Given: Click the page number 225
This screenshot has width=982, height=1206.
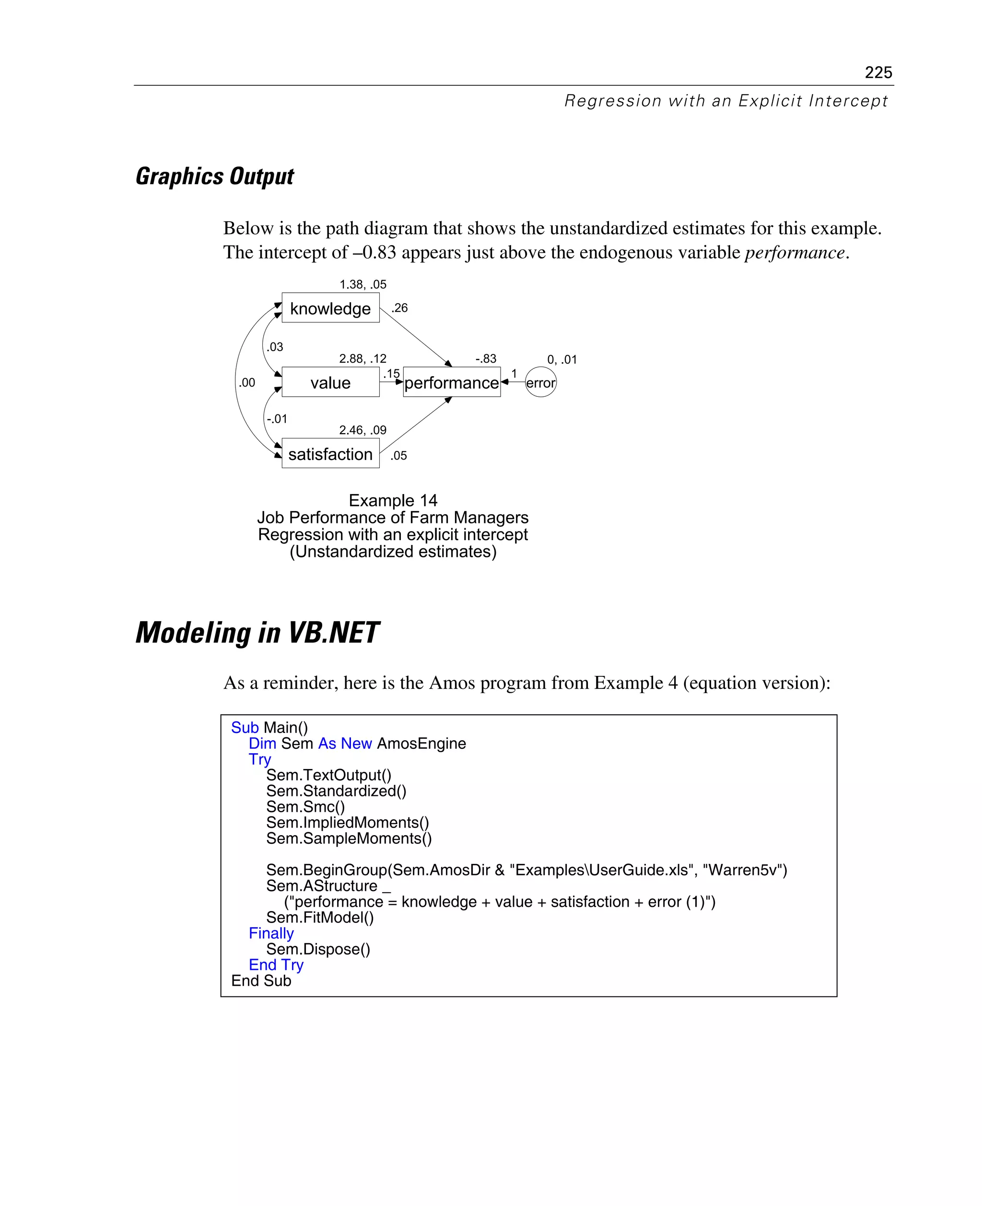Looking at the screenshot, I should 878,72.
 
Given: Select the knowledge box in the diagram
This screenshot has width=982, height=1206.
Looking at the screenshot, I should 330,308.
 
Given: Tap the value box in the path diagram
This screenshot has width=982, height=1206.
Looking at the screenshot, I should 330,382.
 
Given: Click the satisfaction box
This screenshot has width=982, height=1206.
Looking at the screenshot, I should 330,454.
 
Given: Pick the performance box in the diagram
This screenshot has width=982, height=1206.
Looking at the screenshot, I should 451,382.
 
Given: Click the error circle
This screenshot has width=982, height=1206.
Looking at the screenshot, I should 540,382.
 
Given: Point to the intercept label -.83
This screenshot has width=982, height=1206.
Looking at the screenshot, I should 485,359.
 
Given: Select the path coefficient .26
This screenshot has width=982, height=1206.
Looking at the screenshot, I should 399,308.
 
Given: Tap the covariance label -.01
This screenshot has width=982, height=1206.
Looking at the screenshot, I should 277,419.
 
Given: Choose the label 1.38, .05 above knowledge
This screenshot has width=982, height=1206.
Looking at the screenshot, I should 362,284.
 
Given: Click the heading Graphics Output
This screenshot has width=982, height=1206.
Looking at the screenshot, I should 215,176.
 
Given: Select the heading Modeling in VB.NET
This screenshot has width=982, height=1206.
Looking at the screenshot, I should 257,633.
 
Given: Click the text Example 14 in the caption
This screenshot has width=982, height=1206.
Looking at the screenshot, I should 393,500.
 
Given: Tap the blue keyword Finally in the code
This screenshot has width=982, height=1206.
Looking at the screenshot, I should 271,933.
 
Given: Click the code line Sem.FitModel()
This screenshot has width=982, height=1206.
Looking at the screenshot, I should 320,917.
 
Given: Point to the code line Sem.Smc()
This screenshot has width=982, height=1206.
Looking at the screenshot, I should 305,806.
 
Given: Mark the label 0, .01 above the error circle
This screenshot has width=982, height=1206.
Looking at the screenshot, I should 561,359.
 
